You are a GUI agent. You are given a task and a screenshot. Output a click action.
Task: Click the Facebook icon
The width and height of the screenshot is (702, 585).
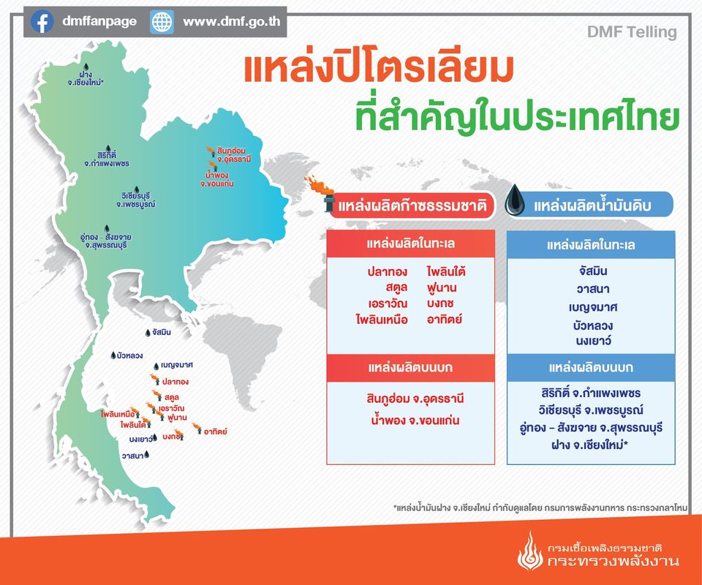click(x=42, y=21)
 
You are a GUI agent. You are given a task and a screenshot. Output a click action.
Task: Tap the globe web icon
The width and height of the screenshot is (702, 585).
click(x=162, y=21)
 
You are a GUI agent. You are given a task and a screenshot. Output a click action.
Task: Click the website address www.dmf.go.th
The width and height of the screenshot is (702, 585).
click(x=232, y=21)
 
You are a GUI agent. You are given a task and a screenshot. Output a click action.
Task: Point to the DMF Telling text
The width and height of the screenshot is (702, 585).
click(x=632, y=32)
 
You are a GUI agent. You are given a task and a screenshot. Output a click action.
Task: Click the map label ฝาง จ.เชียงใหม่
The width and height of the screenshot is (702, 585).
click(x=86, y=78)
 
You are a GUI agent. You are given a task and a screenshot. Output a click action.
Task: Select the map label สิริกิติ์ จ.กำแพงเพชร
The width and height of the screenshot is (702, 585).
click(x=107, y=159)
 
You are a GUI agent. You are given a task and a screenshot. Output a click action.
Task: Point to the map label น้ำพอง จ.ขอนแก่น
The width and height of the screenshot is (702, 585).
click(x=216, y=179)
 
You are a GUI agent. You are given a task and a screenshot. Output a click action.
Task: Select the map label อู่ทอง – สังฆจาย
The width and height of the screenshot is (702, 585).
click(x=106, y=241)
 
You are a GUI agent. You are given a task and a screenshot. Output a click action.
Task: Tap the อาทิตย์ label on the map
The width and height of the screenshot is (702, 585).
click(x=215, y=431)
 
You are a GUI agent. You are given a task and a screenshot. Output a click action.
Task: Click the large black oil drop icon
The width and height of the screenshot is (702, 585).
click(x=514, y=200)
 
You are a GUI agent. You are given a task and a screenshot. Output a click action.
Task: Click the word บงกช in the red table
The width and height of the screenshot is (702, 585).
click(x=440, y=303)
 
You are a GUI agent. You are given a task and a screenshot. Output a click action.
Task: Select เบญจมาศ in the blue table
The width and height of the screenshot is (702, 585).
click(x=593, y=308)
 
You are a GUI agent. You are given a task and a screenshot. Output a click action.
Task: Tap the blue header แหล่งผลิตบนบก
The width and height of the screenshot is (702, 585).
click(x=591, y=368)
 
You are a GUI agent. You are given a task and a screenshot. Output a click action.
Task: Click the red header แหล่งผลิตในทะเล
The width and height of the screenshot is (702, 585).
click(x=410, y=244)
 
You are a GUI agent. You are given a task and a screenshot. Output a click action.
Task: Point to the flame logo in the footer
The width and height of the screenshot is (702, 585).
click(x=529, y=551)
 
